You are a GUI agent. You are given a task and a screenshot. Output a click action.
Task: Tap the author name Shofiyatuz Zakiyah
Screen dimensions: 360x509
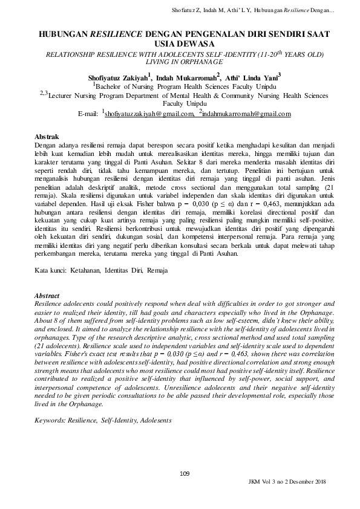tap(114, 78)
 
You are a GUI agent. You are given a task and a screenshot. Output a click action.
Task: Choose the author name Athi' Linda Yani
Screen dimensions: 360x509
tap(253, 78)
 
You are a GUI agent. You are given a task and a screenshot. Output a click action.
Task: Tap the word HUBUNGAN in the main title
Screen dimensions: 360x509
tap(62, 36)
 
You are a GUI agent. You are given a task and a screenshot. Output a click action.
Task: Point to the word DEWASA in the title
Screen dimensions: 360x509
tap(197, 45)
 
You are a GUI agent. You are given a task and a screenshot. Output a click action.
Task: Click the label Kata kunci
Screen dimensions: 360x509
tap(50, 271)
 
